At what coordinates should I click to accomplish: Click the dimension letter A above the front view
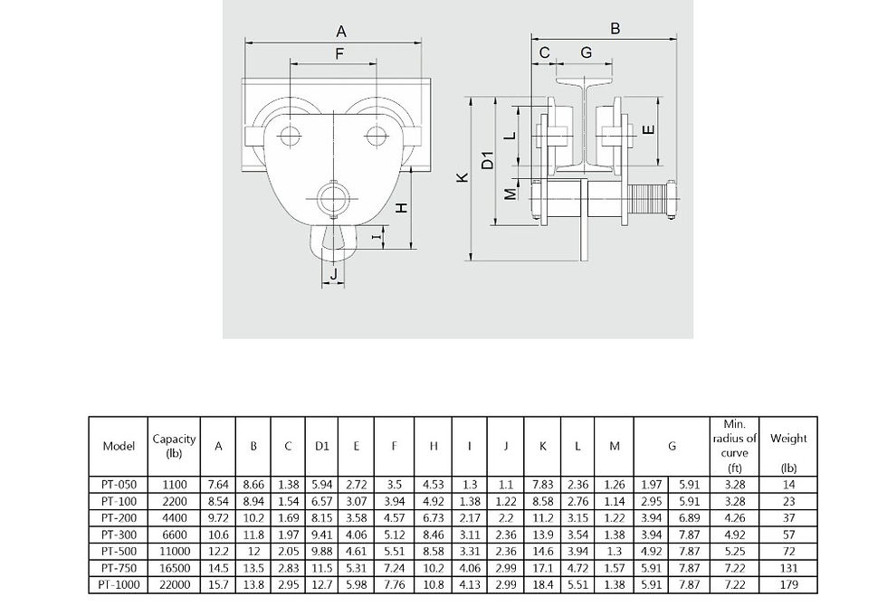[x=341, y=32]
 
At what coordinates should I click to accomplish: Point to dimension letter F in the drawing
[x=339, y=53]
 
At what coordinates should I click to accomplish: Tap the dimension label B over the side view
[x=615, y=28]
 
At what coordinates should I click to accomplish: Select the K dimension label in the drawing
[x=463, y=177]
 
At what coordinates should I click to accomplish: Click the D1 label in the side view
[x=488, y=159]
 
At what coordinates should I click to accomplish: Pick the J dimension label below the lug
[x=334, y=273]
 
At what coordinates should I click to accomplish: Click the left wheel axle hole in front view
[x=290, y=136]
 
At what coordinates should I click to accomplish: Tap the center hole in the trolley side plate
[x=333, y=198]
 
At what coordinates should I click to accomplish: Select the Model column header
[x=119, y=446]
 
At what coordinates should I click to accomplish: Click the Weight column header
[x=788, y=438]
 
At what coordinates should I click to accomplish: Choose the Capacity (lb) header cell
[x=174, y=445]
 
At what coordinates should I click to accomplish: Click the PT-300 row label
[x=119, y=535]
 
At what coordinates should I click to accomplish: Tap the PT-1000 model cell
[x=119, y=584]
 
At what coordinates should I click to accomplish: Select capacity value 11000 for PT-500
[x=174, y=551]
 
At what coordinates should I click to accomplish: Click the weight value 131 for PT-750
[x=788, y=568]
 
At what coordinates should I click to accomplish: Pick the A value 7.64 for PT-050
[x=218, y=485]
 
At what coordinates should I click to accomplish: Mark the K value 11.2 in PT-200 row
[x=542, y=517]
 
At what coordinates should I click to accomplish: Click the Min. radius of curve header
[x=734, y=446]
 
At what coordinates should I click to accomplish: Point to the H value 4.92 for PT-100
[x=434, y=501]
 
